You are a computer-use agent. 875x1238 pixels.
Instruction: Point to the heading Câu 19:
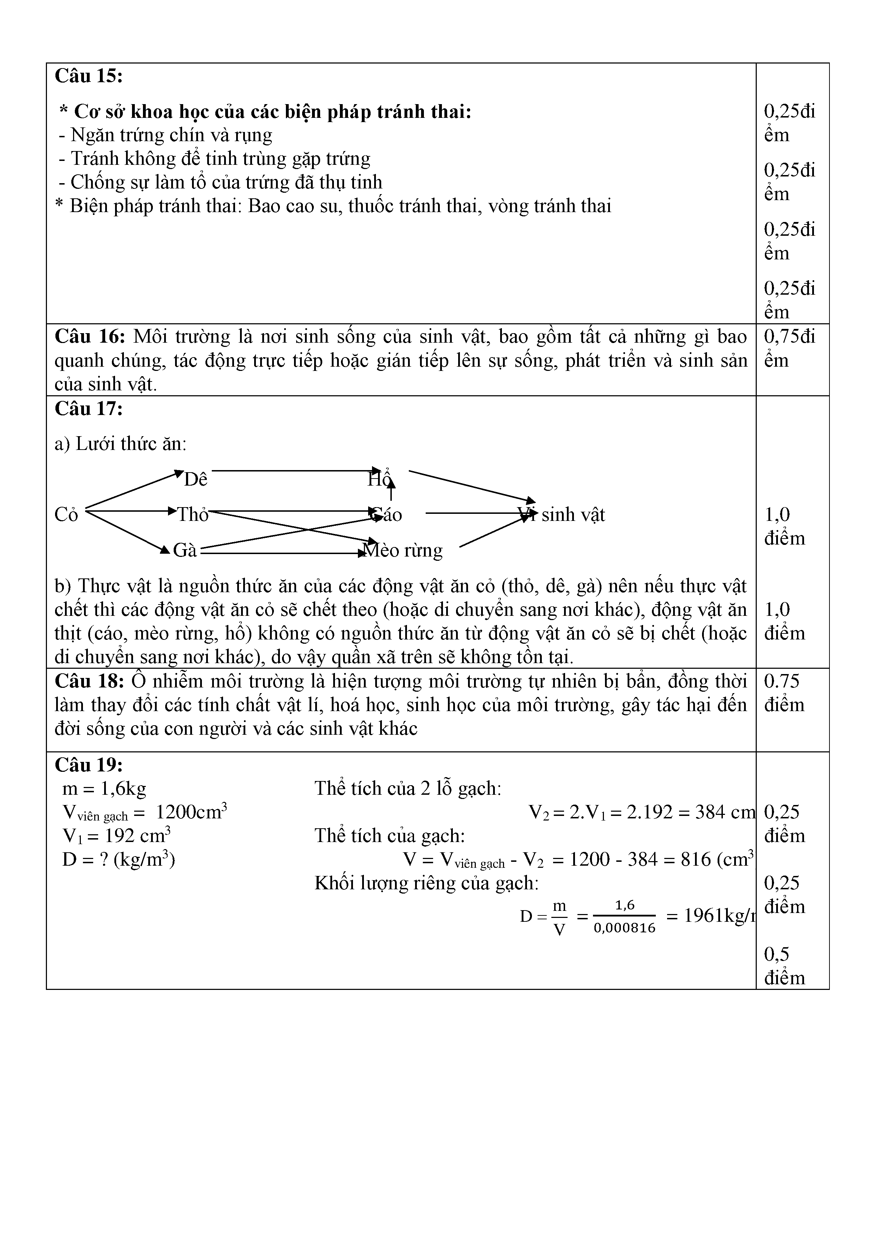coord(89,765)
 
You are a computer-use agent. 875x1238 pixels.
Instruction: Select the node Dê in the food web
coord(196,479)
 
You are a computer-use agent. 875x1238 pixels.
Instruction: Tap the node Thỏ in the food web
coord(192,515)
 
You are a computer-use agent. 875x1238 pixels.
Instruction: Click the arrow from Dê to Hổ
coord(294,471)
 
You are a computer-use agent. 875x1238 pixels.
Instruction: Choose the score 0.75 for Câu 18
coord(782,681)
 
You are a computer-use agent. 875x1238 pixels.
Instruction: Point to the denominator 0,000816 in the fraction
coord(624,928)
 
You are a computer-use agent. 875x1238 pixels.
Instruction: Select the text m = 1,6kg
coord(104,789)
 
